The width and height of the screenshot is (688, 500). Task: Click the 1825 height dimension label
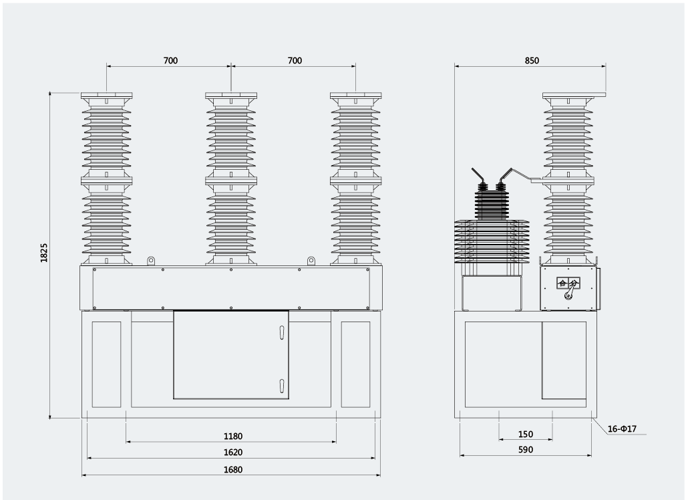tap(44, 253)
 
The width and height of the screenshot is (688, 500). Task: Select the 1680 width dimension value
tap(233, 470)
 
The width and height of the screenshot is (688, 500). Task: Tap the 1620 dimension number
tap(233, 452)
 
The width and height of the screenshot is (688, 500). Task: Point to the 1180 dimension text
tap(233, 436)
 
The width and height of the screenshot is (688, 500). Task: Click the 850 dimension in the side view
tap(532, 61)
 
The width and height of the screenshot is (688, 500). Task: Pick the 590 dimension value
tap(526, 449)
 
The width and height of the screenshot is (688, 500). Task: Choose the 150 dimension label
tap(526, 434)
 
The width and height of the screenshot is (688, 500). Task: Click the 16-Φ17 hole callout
tap(622, 429)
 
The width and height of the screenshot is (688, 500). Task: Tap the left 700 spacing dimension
tap(171, 61)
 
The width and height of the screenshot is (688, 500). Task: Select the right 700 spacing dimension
tap(295, 61)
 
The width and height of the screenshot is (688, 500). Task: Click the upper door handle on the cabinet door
tap(282, 332)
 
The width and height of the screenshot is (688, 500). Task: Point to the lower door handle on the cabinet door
tap(282, 386)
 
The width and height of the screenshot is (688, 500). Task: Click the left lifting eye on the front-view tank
tap(150, 261)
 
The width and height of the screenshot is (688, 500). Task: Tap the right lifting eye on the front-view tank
tap(311, 261)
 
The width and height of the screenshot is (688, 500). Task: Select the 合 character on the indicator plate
tap(562, 283)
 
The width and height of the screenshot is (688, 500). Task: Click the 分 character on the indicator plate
tap(574, 283)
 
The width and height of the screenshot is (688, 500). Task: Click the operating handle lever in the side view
tap(570, 291)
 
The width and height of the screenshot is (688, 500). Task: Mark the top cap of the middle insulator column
tap(231, 96)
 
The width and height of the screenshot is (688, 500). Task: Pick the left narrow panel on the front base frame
tap(106, 364)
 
